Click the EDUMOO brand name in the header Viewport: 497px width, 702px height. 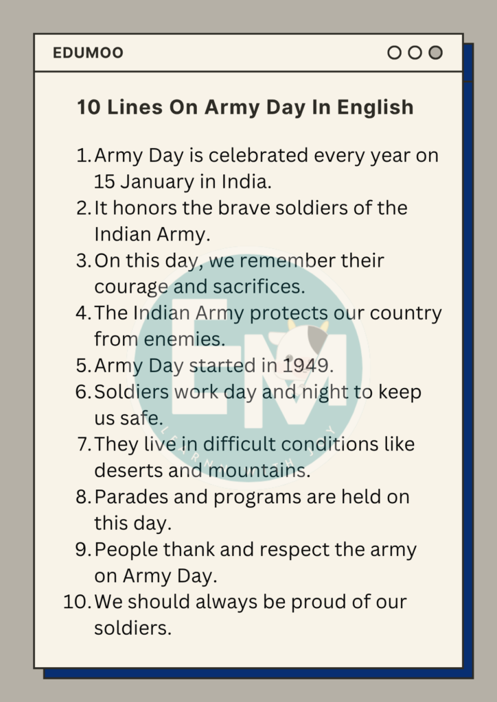point(88,53)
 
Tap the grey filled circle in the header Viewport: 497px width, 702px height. point(435,53)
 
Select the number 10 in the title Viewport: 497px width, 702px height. point(89,108)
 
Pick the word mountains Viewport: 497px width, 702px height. point(257,471)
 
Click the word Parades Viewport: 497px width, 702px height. point(128,497)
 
